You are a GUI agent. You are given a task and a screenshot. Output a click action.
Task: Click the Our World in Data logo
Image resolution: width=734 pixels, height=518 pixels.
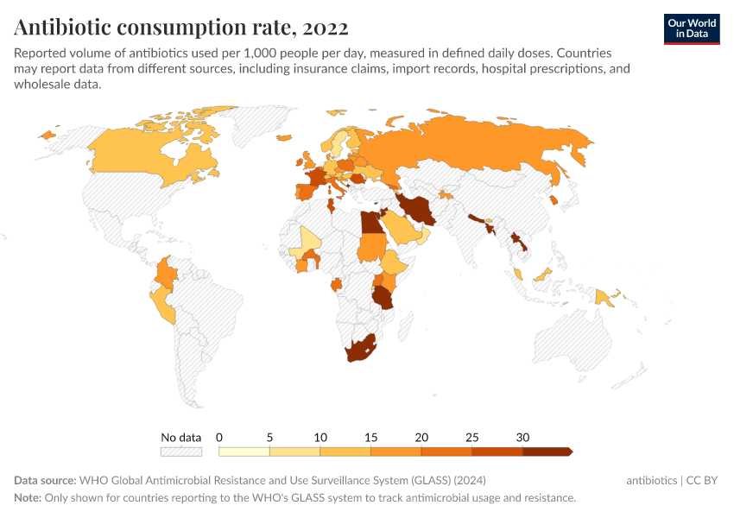tap(691, 28)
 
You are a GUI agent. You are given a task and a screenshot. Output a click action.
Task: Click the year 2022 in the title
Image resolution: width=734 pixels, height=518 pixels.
tap(324, 28)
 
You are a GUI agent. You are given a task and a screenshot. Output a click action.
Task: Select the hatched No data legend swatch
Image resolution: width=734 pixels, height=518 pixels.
tap(180, 451)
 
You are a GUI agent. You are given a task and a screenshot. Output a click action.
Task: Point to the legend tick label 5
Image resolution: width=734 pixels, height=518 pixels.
tap(270, 437)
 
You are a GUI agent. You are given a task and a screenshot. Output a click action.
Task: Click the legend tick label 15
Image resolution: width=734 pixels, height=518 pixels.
tap(370, 437)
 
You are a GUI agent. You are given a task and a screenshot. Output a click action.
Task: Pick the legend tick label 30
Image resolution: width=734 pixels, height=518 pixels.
tap(522, 437)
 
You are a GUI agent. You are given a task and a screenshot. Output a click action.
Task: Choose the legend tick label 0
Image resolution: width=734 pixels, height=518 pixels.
tap(219, 437)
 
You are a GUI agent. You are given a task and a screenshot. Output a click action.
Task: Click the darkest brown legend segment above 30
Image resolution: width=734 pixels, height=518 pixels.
tap(546, 451)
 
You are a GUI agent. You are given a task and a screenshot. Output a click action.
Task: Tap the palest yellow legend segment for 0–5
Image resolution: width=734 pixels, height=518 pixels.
tap(244, 451)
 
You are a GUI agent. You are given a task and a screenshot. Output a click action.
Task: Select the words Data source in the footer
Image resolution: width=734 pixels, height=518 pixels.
tap(44, 481)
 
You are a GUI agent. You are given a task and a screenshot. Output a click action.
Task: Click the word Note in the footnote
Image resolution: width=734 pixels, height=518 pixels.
tap(27, 498)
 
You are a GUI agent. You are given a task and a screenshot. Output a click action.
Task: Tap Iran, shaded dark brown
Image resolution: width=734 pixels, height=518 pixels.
tap(418, 209)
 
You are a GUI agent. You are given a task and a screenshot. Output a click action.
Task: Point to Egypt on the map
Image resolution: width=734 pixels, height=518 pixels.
tap(370, 223)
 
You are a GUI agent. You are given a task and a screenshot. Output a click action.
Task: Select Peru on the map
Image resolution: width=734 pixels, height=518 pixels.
tap(162, 302)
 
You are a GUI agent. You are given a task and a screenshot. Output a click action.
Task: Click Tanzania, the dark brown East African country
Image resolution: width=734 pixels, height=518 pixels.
tap(383, 297)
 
